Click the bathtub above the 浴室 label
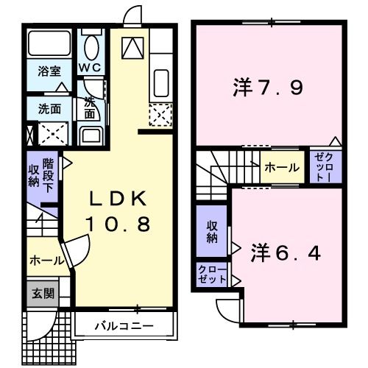(x=49, y=45)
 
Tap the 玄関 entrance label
(x=42, y=293)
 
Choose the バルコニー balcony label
(x=123, y=324)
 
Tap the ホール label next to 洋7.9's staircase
(x=282, y=168)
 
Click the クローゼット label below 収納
(x=211, y=276)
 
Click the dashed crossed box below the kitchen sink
(x=160, y=114)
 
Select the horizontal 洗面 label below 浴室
(x=50, y=108)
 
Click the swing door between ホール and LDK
(x=74, y=254)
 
